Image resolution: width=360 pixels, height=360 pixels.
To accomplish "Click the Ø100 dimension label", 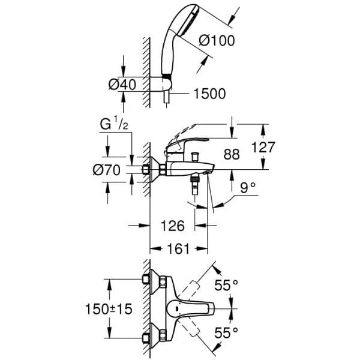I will (x=216, y=41).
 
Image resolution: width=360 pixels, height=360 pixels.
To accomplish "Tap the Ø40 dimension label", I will (x=122, y=85).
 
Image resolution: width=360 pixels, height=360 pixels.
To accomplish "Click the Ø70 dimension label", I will (x=107, y=170).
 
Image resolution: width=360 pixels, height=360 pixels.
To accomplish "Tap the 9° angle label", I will (x=247, y=187).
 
